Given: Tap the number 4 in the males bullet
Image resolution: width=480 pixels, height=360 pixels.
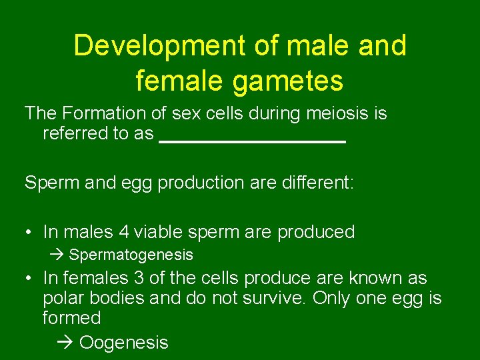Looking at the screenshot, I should coord(123,232).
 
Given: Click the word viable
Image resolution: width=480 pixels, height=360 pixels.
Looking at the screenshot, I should coord(160,232).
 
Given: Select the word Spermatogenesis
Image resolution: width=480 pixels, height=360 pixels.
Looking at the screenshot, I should coord(131,255).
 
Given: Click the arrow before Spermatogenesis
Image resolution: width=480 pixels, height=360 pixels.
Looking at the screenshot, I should coord(58,255).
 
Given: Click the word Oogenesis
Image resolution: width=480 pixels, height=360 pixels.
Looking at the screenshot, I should coord(124,343).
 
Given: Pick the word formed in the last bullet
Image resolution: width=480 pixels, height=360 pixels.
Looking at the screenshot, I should coord(71,317).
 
